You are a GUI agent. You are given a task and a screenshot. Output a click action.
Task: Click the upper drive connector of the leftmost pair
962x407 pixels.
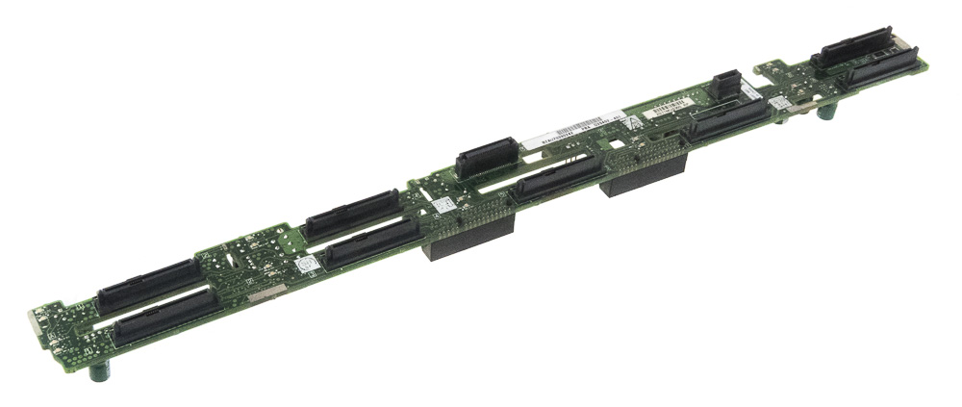click(x=149, y=286)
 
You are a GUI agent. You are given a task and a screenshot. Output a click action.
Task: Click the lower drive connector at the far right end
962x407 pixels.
click(x=882, y=68)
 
